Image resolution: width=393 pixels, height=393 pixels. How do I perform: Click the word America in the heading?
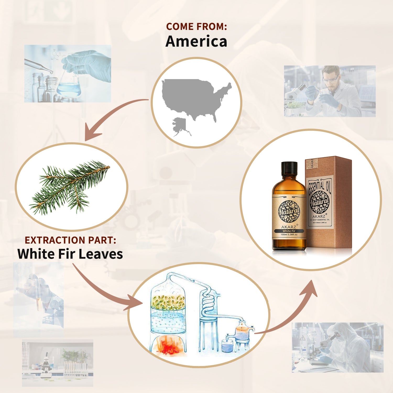point(196,41)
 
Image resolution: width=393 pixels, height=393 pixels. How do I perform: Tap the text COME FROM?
point(196,26)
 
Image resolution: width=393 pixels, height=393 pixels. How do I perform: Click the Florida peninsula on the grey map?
point(215,118)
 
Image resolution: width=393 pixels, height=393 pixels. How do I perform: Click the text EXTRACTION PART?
point(70,240)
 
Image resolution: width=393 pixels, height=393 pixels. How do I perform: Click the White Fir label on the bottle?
point(289,231)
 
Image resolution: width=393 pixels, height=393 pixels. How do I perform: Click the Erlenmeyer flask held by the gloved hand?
point(69,85)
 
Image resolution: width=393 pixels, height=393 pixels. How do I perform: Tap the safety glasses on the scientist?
point(330,79)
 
